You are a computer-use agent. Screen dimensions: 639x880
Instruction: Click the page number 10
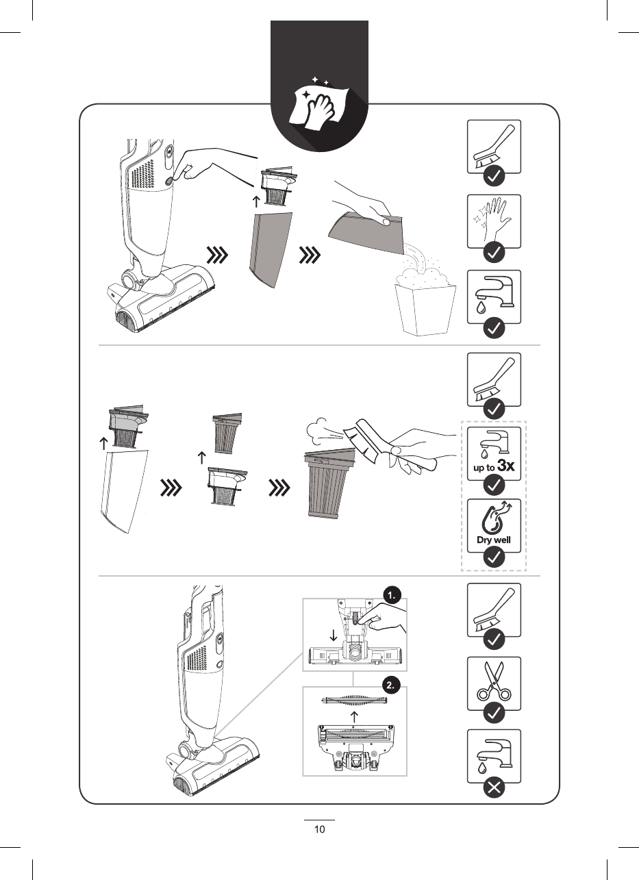(x=319, y=829)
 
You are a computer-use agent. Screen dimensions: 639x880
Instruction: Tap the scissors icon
(x=494, y=681)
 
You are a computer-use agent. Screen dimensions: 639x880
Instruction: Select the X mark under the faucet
(x=494, y=788)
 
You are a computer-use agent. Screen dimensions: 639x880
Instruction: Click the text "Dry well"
(x=494, y=540)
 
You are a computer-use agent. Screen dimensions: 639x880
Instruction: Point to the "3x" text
(x=505, y=466)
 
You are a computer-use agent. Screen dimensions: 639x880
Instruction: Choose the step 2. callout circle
(x=390, y=686)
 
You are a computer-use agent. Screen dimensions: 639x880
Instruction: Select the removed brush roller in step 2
(x=354, y=700)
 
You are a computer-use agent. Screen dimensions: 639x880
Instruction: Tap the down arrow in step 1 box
(x=334, y=636)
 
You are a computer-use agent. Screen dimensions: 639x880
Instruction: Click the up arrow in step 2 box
(x=354, y=716)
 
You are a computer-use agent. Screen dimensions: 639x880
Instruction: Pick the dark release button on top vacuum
(x=169, y=181)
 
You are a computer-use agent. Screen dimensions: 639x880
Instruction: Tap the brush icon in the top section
(x=494, y=146)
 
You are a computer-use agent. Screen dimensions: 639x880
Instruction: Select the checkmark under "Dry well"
(x=494, y=557)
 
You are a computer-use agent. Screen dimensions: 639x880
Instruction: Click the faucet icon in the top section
(x=494, y=294)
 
